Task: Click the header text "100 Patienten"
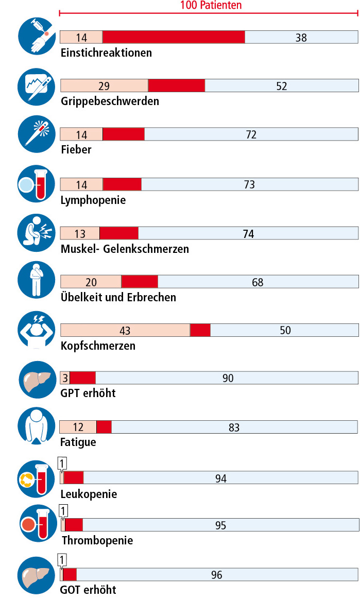click(x=211, y=6)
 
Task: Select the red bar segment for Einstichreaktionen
click(x=174, y=37)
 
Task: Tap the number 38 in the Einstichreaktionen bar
click(x=301, y=37)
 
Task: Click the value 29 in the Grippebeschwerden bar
click(x=104, y=86)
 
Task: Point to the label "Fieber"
click(x=76, y=149)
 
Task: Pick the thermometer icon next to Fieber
click(x=37, y=133)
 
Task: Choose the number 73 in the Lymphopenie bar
click(x=249, y=184)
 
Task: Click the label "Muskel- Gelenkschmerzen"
click(x=125, y=249)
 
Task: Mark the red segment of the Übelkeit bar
click(x=140, y=282)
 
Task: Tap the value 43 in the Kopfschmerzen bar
click(x=125, y=330)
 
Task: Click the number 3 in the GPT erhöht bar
click(x=65, y=378)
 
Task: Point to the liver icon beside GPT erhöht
click(x=37, y=380)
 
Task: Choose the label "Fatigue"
click(x=78, y=442)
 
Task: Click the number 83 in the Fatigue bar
click(x=234, y=427)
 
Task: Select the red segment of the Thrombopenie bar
click(x=74, y=525)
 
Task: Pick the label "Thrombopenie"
click(x=97, y=540)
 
